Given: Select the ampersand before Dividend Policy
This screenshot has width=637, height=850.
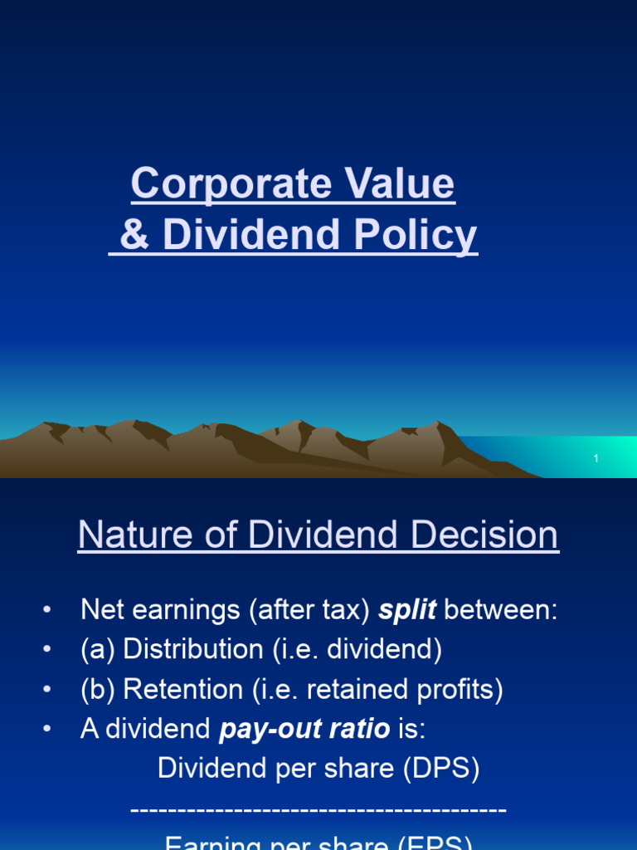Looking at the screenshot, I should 134,235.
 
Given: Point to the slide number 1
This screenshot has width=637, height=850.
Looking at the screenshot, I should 596,459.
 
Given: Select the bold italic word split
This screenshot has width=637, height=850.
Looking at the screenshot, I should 406,610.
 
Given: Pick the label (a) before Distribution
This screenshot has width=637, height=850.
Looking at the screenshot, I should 98,650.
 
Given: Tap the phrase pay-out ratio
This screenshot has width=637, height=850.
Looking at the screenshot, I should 304,730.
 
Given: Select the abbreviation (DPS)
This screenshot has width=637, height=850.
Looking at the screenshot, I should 442,769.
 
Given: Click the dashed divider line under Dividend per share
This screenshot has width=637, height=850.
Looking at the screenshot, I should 318,809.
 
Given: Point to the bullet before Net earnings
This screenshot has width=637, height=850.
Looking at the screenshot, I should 47,611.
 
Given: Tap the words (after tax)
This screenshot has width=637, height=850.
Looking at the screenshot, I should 309,610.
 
